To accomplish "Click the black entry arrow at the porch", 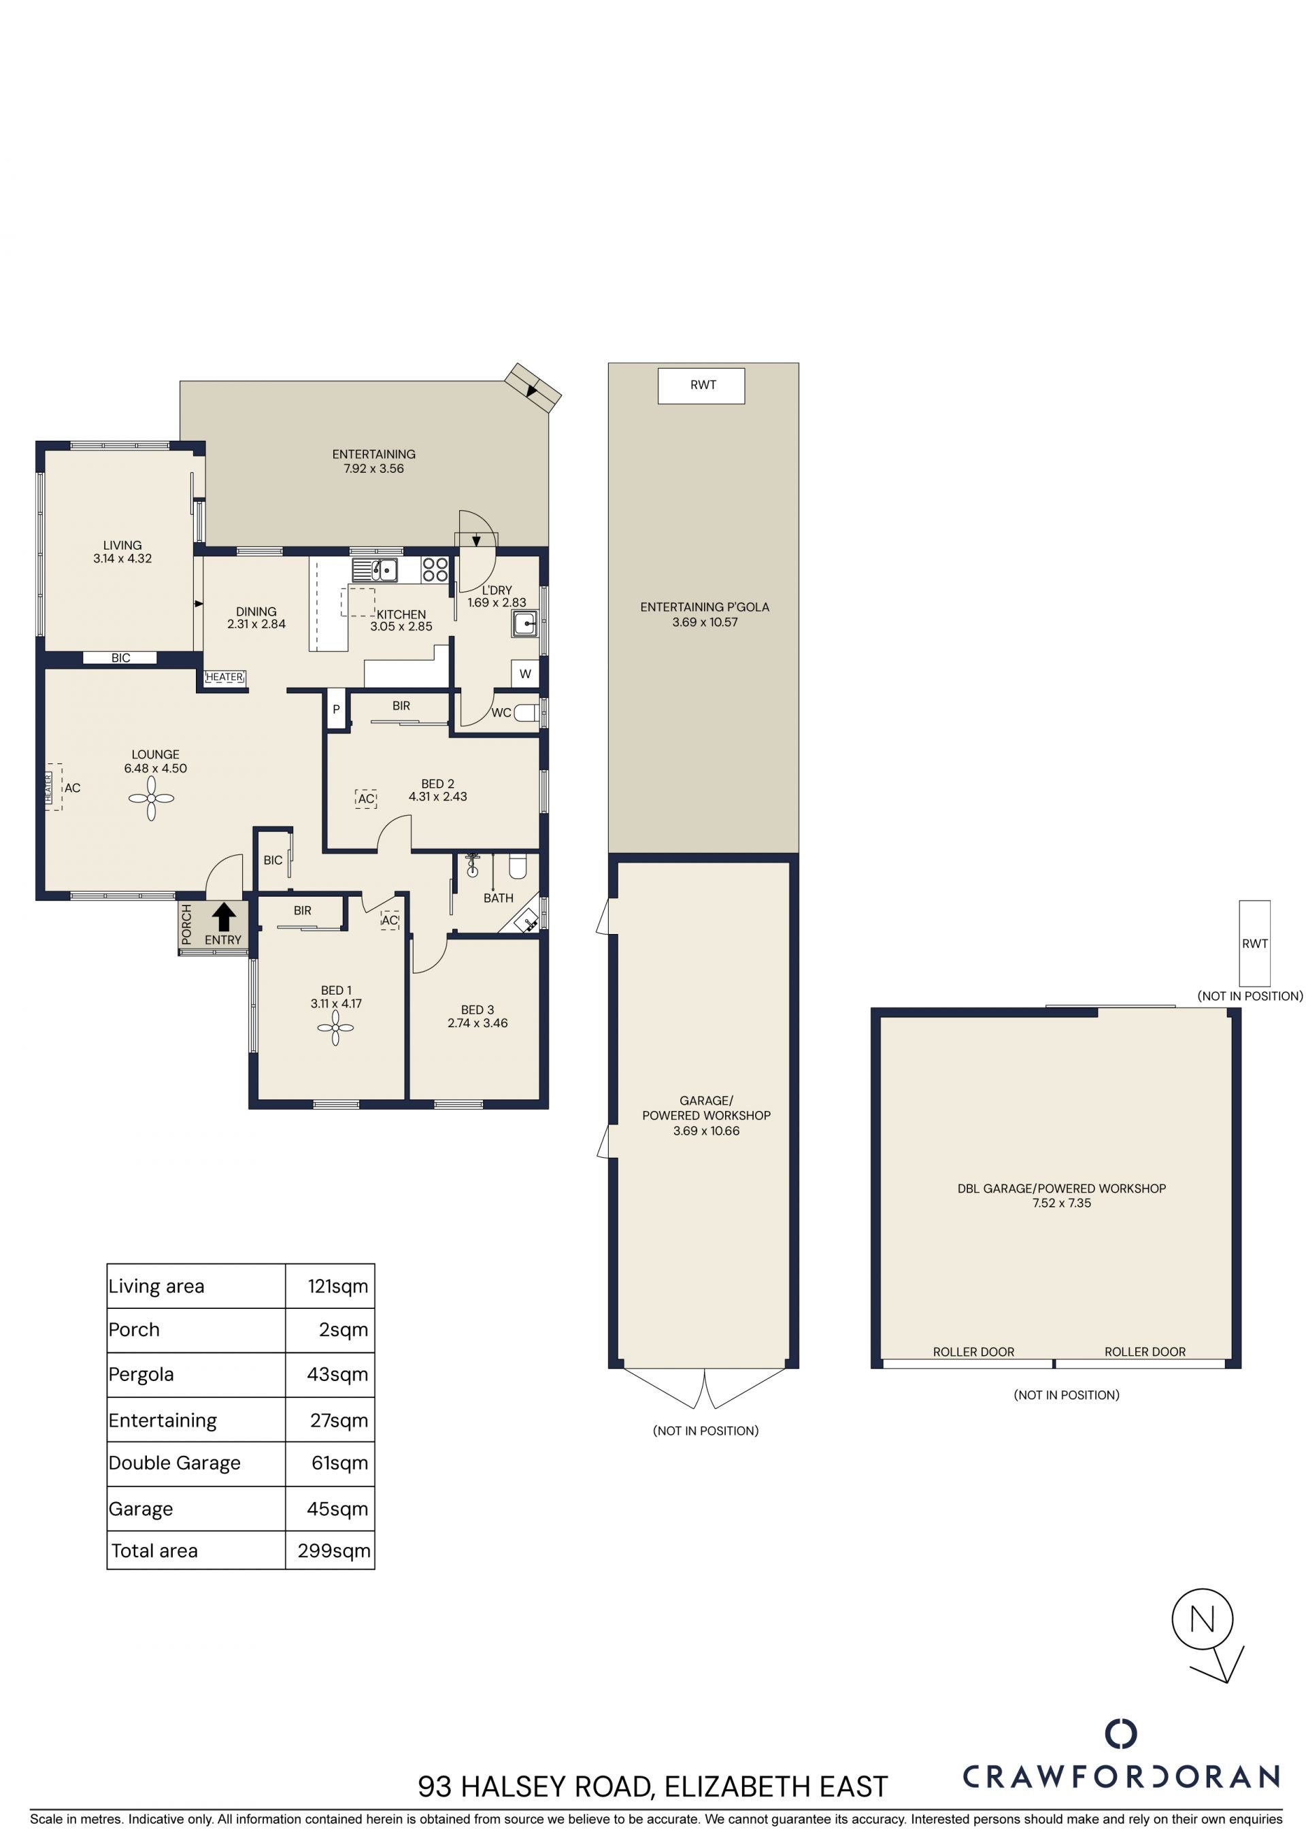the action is coord(224,917).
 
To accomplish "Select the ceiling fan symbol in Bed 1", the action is coord(335,1027).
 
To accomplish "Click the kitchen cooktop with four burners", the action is coord(435,569).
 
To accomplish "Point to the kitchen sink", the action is coord(375,569).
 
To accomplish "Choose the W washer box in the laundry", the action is coord(525,674).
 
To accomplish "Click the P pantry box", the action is coord(336,709).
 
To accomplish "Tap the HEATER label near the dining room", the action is coord(224,678).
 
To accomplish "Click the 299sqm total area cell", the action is coord(334,1551).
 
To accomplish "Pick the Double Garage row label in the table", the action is coord(175,1463).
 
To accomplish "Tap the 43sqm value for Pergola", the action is coord(337,1374).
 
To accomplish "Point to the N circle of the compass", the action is coord(1202,1619).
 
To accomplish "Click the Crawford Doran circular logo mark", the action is coord(1121,1733).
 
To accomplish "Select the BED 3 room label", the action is coord(478,1010).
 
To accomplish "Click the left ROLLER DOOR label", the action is coord(973,1352).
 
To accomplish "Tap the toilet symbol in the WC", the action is coord(526,713).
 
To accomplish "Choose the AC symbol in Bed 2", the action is coord(366,799).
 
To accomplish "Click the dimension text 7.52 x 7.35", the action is coord(1062,1203).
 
